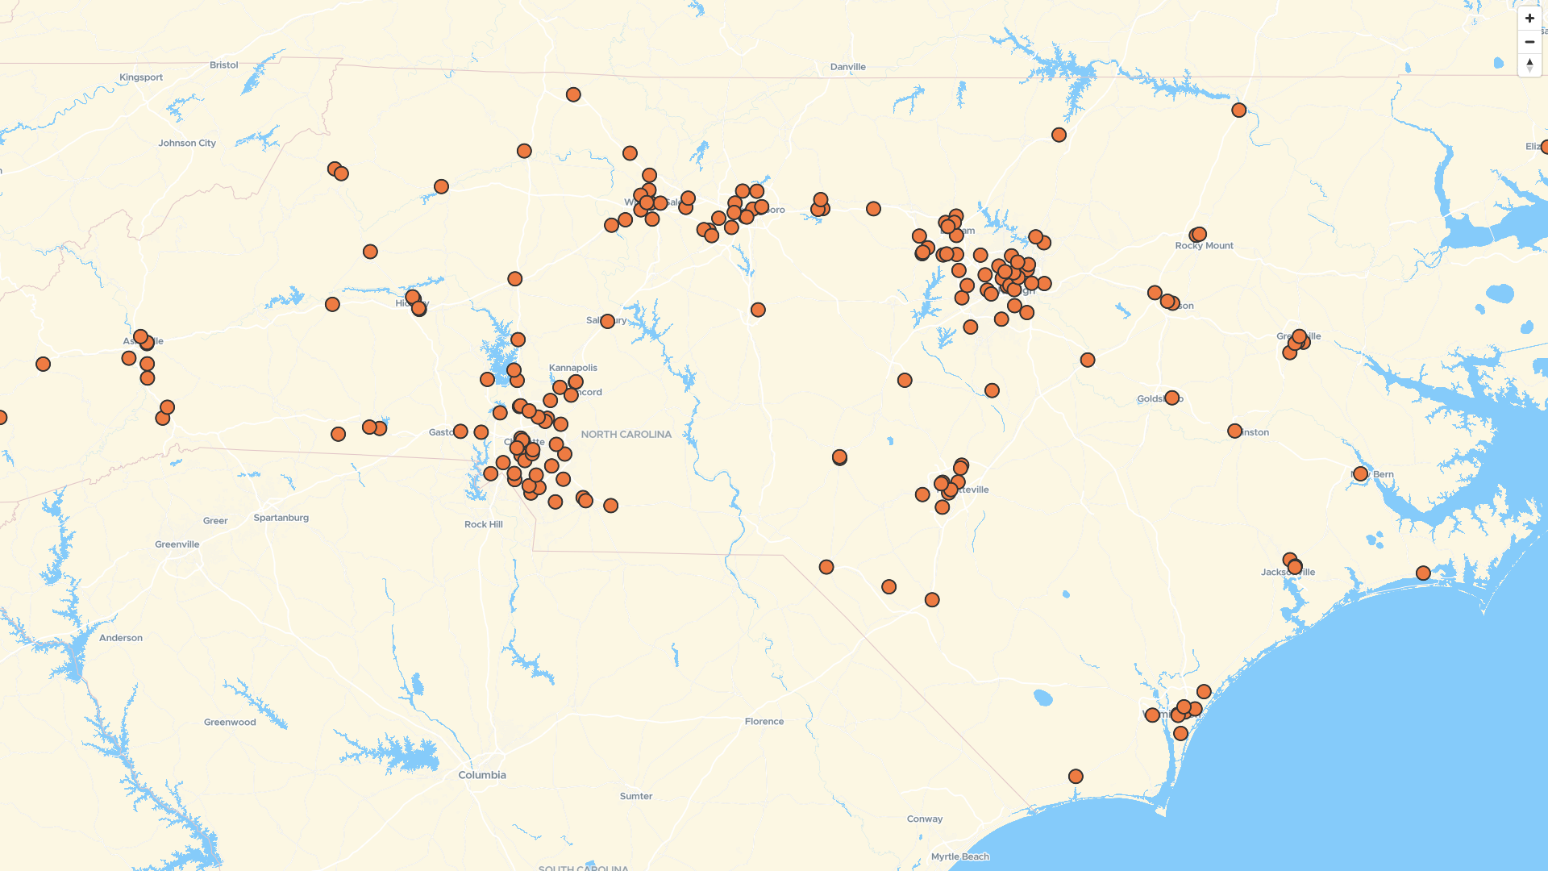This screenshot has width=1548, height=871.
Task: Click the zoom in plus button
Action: tap(1529, 18)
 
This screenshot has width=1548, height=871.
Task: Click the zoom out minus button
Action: tap(1529, 42)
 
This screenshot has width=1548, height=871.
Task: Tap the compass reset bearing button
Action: tap(1529, 65)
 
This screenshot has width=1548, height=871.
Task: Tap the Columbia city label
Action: tap(482, 775)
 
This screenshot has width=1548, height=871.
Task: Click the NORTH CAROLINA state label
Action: tap(626, 435)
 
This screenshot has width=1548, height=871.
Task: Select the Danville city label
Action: tap(847, 67)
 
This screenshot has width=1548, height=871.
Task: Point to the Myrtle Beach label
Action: tap(959, 856)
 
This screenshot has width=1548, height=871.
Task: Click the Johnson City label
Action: tap(187, 144)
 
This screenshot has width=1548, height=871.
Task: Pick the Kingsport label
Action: tap(141, 77)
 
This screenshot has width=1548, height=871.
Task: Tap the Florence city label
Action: tap(764, 722)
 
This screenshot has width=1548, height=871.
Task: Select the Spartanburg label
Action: tap(281, 518)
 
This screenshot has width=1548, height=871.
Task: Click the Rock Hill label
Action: tap(483, 524)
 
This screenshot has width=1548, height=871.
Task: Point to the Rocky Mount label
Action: tap(1204, 246)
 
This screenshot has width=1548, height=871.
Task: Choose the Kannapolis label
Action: tap(572, 368)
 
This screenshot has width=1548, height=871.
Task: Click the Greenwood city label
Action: tap(230, 723)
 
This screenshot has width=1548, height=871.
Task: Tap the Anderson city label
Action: tap(121, 638)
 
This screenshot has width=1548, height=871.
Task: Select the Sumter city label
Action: tap(636, 796)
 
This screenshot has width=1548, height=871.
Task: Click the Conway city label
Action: tap(924, 819)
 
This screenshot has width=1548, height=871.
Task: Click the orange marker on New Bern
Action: tap(1360, 474)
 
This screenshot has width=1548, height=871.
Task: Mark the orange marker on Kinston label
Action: tap(1234, 431)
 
